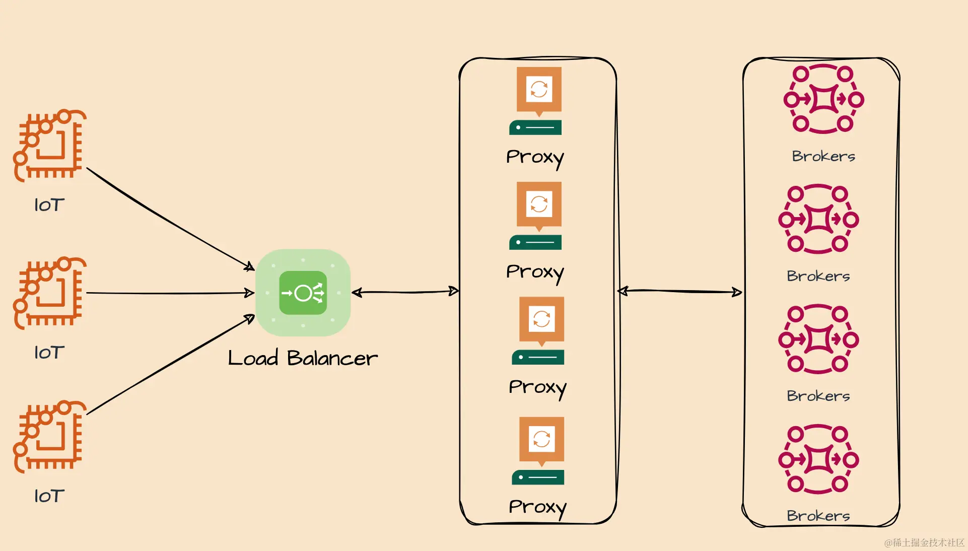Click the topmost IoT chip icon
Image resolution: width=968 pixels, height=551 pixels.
click(x=49, y=145)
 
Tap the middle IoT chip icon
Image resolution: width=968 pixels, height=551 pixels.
click(x=49, y=293)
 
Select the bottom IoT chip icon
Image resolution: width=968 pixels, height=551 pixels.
click(x=49, y=436)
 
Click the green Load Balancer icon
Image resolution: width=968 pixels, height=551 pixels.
click(x=303, y=293)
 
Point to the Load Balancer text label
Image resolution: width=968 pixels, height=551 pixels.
click(x=302, y=358)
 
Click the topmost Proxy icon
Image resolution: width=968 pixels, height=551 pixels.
click(x=538, y=101)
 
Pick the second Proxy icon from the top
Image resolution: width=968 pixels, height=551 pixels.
click(x=538, y=216)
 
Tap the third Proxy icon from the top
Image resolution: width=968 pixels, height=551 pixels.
click(x=540, y=330)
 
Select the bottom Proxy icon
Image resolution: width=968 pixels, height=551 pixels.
click(x=540, y=450)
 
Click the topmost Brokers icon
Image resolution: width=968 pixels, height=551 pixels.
click(x=823, y=99)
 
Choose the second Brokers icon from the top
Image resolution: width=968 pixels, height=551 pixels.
click(x=818, y=219)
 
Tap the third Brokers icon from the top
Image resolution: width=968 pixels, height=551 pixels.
click(x=818, y=339)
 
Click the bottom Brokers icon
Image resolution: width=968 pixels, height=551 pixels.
click(x=818, y=459)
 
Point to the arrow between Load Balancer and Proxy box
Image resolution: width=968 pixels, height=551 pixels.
click(x=405, y=292)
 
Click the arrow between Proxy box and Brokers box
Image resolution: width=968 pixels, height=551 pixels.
click(x=680, y=291)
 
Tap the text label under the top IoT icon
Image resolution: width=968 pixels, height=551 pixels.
click(x=49, y=205)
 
